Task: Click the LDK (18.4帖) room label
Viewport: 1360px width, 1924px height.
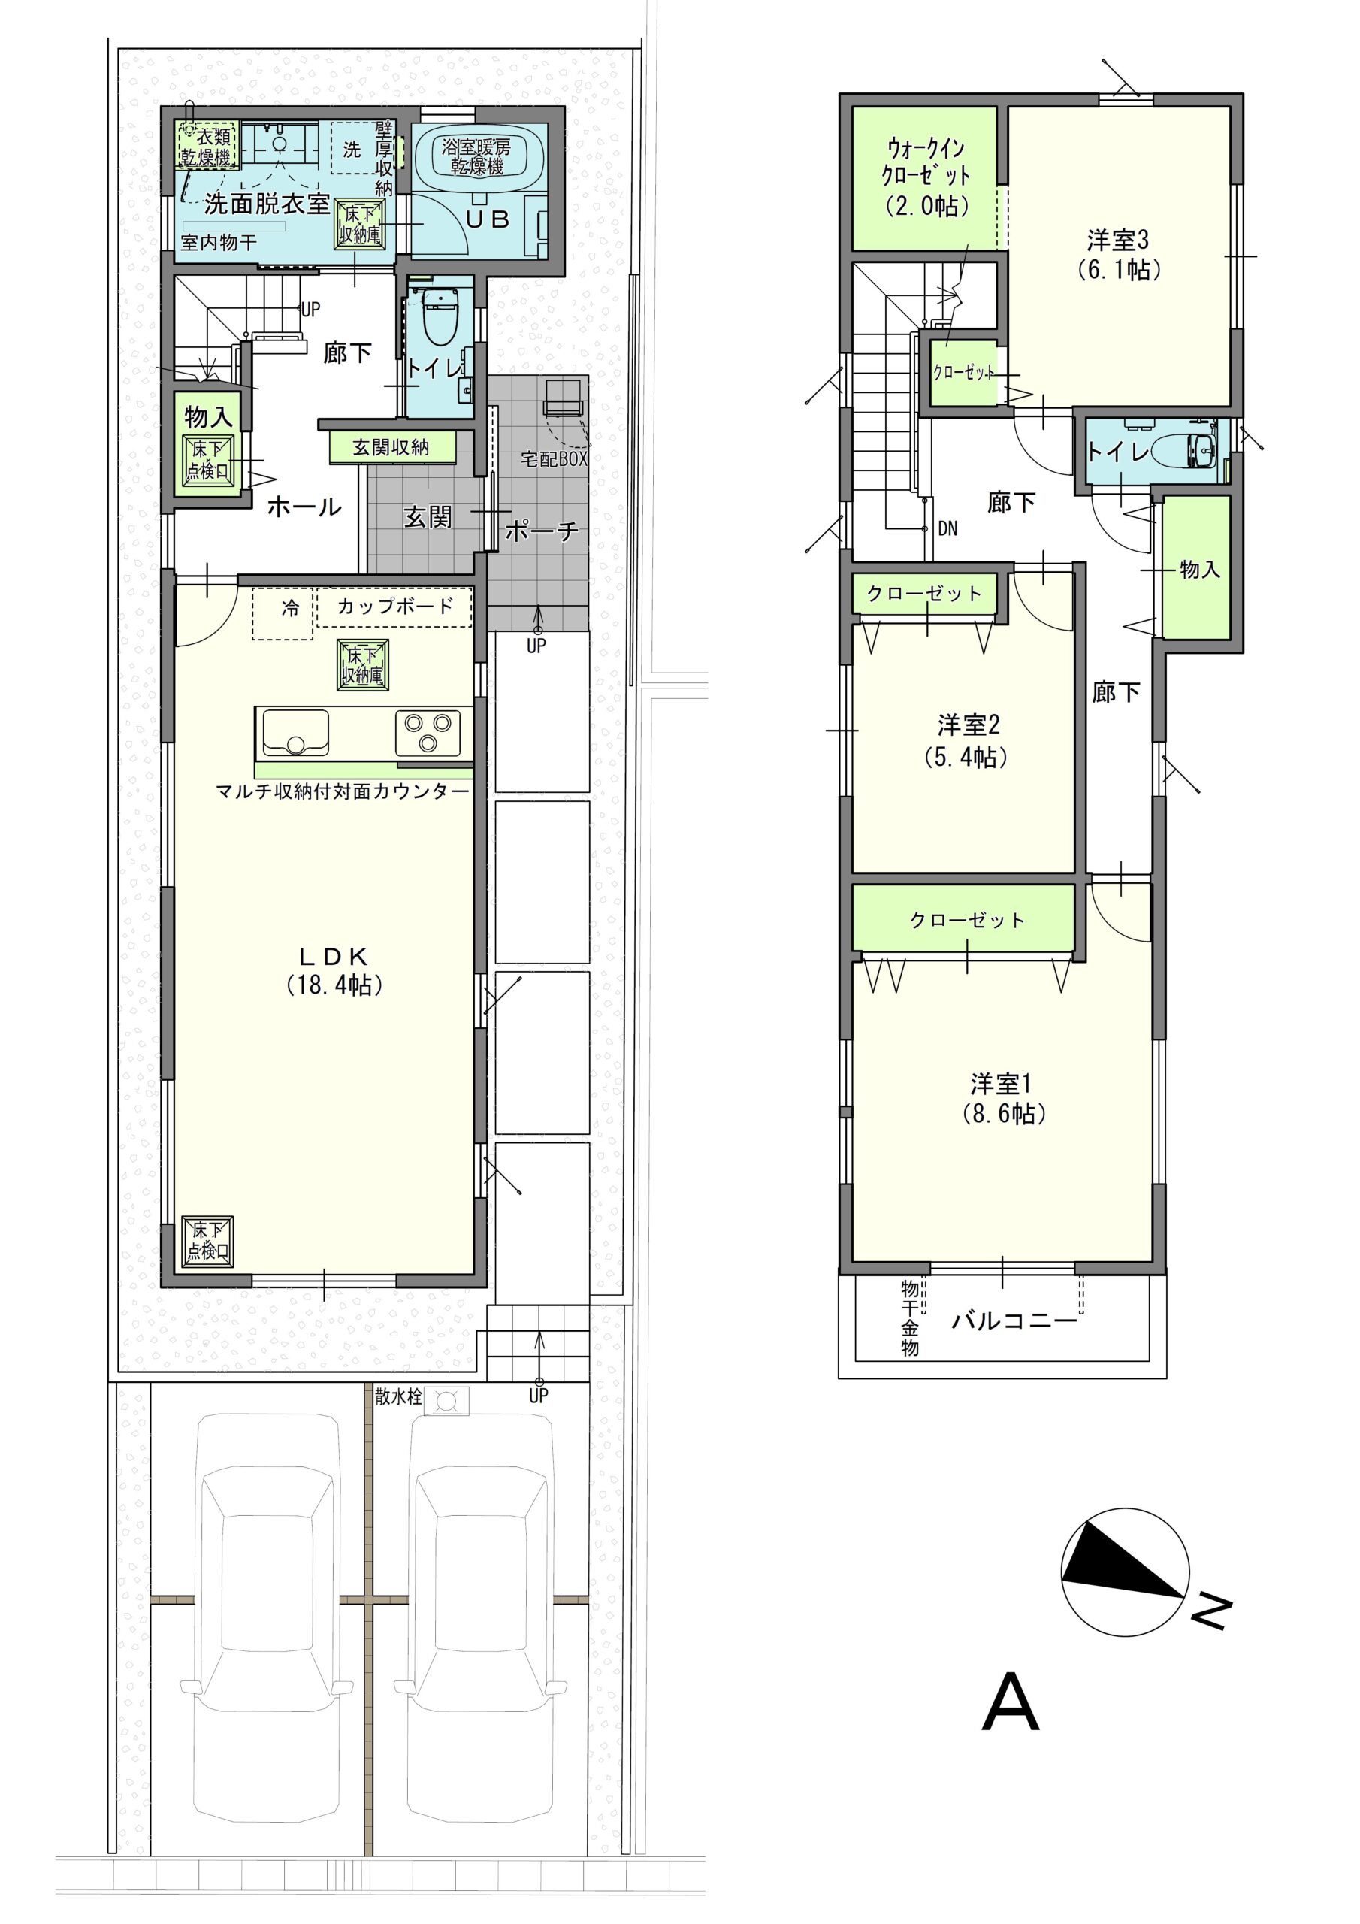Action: [334, 970]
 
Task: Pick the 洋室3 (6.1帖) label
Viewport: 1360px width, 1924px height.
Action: [1118, 255]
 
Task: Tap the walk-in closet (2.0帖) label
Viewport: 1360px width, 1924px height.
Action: [926, 177]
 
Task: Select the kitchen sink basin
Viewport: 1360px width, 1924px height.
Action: [296, 731]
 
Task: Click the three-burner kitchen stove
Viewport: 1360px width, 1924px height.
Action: [428, 731]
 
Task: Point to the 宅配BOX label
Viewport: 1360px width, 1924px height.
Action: [554, 459]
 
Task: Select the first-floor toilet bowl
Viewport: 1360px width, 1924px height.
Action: [440, 316]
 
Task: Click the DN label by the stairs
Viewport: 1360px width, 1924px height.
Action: [947, 529]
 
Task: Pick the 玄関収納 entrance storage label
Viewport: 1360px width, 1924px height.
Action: [391, 447]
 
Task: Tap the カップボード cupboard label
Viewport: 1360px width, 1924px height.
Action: [395, 606]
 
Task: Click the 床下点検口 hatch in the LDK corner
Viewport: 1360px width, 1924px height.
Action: [209, 1241]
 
